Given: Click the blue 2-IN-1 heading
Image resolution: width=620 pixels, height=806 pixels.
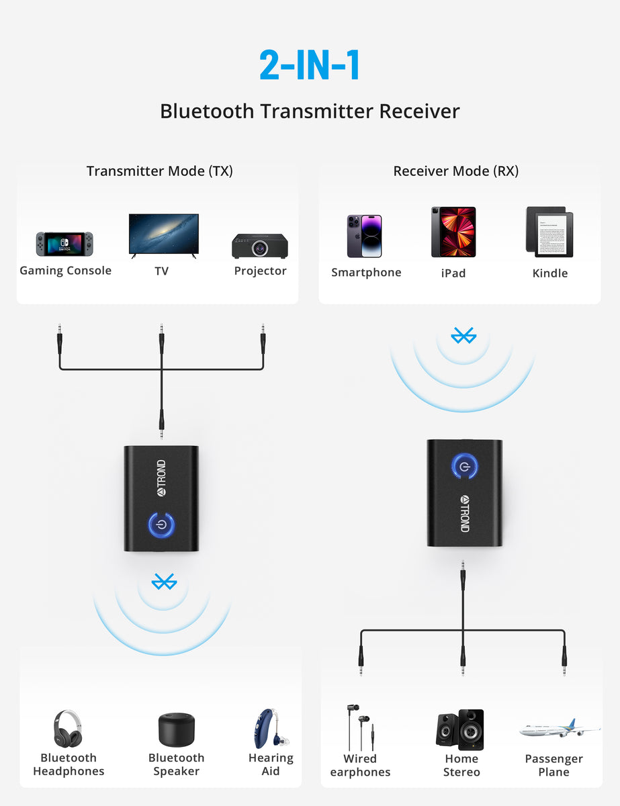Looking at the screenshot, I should [x=310, y=65].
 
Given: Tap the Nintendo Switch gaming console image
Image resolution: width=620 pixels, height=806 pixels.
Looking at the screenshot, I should [x=64, y=244].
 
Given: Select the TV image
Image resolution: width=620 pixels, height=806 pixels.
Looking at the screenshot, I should [x=164, y=235].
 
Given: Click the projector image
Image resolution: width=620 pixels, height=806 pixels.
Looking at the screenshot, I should [x=261, y=246].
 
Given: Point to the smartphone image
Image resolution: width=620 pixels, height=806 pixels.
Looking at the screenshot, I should [x=364, y=236].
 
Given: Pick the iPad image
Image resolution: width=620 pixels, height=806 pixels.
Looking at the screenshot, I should [x=453, y=232].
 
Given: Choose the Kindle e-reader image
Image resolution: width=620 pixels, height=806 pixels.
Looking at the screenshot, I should [x=549, y=232].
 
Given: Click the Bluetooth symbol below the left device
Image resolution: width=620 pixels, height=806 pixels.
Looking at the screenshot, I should [x=163, y=582].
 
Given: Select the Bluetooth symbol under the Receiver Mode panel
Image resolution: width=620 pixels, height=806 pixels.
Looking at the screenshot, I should [x=463, y=335].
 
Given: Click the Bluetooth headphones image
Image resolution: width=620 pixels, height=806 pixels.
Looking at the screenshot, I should [x=69, y=729].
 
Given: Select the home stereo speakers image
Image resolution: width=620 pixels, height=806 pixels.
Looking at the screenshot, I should [x=460, y=730].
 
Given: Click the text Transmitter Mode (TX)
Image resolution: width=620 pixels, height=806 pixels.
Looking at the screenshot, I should [x=159, y=171].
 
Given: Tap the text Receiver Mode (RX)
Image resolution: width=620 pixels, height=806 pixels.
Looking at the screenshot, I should [x=455, y=171].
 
